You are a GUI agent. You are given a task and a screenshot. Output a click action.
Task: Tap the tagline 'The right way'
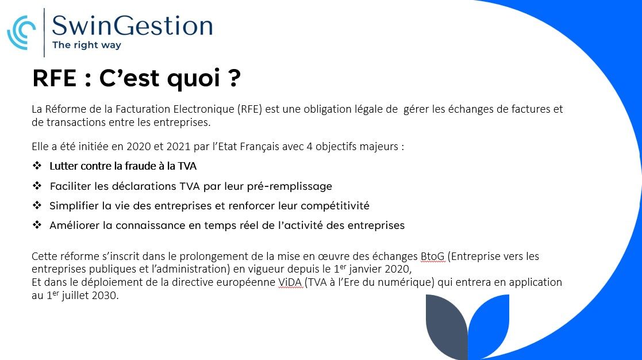point(87,45)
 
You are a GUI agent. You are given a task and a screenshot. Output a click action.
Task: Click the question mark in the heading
point(233,77)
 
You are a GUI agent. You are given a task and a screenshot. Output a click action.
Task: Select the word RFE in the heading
point(54,78)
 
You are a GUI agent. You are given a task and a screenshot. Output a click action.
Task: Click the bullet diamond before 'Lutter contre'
point(37,166)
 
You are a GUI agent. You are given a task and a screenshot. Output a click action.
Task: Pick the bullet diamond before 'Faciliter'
point(37,186)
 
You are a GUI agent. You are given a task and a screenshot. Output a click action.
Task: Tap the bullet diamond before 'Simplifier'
point(37,205)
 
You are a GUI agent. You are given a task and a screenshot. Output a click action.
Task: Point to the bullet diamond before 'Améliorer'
point(37,225)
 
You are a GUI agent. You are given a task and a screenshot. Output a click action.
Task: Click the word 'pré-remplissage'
point(290,187)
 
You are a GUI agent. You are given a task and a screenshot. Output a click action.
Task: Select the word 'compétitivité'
point(335,206)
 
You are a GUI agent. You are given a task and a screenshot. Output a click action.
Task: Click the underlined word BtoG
point(432,256)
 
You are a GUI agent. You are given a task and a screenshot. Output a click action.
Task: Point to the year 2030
point(105,295)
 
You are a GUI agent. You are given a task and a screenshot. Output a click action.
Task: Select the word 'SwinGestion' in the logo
point(132,26)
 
